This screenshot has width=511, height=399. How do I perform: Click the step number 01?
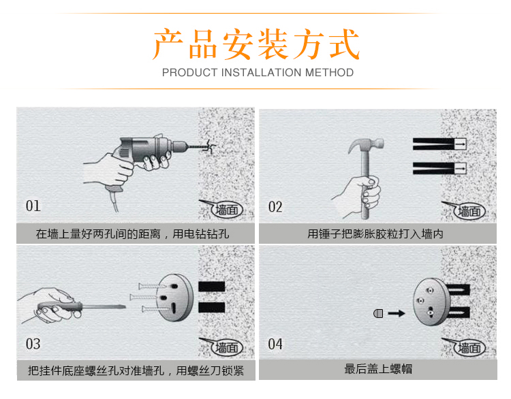33,206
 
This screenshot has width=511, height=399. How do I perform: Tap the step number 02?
275,207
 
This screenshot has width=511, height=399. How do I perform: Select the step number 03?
33,344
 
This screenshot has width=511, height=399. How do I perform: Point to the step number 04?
275,344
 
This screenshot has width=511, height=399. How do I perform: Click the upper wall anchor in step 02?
439,144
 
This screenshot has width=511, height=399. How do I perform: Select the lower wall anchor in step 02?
439,168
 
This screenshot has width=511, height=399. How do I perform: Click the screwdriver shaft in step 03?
104,306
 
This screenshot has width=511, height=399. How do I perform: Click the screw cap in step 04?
378,313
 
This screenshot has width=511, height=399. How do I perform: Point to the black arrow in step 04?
397,313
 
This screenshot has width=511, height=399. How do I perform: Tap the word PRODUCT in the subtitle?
189,72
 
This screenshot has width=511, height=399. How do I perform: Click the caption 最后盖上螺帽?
378,369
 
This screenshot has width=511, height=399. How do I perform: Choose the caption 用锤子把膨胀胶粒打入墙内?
375,234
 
